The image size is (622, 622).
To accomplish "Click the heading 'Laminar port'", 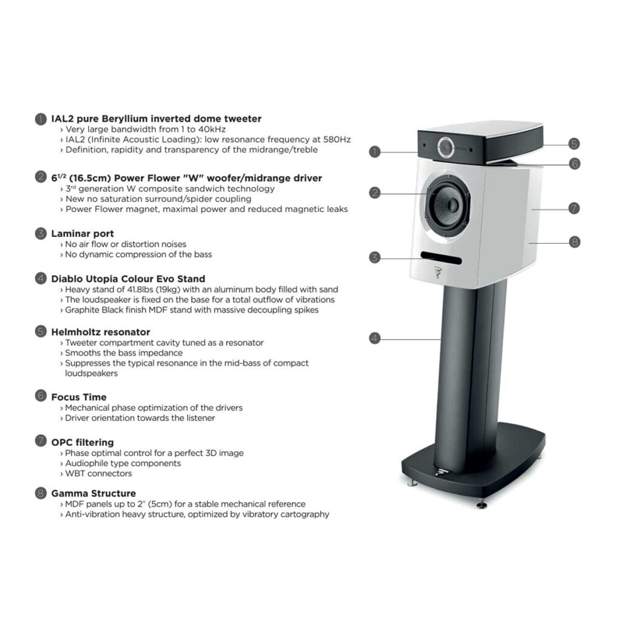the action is tap(83, 234).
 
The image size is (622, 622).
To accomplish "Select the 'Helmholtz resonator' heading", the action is tap(101, 332).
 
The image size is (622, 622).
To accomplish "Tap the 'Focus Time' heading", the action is tap(79, 397).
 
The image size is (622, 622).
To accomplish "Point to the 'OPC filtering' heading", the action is tap(83, 442).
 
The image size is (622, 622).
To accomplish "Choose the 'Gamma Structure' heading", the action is tap(94, 493).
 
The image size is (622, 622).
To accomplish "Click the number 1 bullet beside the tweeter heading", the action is tap(41, 119).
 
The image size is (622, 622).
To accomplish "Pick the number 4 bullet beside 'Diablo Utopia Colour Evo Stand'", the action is tap(41, 278).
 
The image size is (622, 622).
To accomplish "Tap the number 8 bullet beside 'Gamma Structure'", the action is tap(41, 493).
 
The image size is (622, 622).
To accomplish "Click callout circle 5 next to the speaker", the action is tap(574, 143).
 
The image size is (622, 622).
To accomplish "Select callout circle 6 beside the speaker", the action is tap(575, 163).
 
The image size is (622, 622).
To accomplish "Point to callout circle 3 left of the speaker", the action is tap(375, 258).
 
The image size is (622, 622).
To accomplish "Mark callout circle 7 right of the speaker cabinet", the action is tap(574, 208).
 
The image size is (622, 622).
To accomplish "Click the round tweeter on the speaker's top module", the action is tap(446, 146).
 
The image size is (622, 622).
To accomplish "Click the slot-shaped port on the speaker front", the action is tap(441, 258).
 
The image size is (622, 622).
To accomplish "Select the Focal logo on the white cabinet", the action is tap(438, 273).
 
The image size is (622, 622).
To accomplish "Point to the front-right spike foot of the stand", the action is tap(482, 505).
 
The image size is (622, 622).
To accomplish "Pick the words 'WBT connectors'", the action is tap(98, 474).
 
